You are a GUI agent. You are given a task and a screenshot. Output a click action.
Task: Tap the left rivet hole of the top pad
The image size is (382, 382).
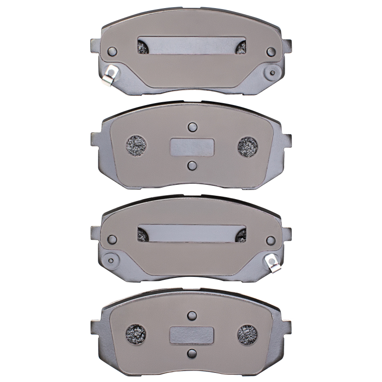pos(113,52)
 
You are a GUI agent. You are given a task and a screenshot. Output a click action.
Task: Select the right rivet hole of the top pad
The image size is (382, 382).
pos(271,52)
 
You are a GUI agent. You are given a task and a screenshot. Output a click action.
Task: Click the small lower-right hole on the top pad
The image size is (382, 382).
pos(273,73)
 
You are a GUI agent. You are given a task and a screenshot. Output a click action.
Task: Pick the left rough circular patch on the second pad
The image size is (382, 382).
pos(136,145)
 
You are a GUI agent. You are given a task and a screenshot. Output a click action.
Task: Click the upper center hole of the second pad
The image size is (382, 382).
pos(192,127)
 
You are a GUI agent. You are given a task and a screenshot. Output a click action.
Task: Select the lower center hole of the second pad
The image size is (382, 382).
pos(192,165)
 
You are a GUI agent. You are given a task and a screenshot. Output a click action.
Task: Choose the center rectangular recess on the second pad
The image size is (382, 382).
pos(192,147)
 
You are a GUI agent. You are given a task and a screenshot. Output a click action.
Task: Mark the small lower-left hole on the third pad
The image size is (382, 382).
pos(112,260)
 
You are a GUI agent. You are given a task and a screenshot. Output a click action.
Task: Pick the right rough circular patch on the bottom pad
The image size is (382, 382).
pos(248,333)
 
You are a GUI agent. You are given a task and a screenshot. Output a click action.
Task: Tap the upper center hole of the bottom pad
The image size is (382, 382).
pos(192,315)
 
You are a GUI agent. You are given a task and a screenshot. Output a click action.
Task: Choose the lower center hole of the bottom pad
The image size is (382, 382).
pos(192,353)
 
